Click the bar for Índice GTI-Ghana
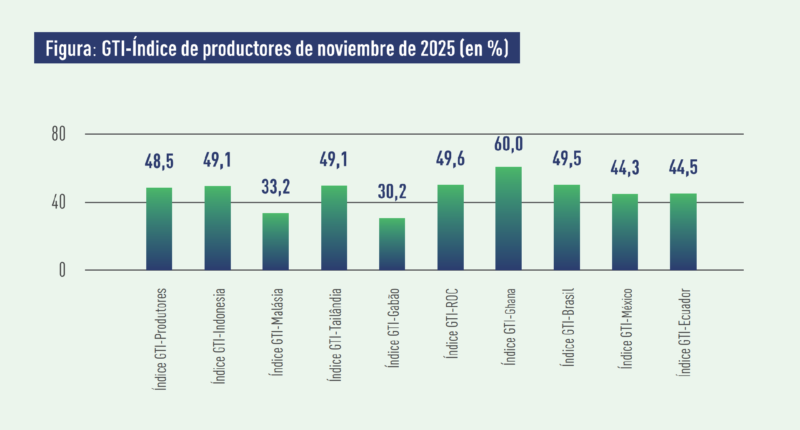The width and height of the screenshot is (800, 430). point(508,219)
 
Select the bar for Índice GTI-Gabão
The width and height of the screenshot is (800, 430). point(392,244)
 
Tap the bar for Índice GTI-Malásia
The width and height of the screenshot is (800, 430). point(275,241)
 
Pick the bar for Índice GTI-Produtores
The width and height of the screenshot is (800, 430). point(159,229)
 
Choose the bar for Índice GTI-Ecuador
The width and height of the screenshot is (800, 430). point(683,231)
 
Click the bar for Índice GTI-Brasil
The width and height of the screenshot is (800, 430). point(567,227)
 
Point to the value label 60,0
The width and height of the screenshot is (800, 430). point(508,144)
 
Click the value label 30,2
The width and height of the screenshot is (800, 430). point(392,191)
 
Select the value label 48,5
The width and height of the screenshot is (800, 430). point(159,161)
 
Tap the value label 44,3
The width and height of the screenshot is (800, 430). point(625,168)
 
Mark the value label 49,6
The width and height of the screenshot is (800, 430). point(450,159)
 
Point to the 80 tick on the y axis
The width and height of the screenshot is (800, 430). point(59,134)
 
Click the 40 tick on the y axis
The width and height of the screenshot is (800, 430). point(59,203)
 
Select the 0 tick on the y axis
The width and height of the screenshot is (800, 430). point(62,270)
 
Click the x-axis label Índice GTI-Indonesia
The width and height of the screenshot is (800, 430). point(219,336)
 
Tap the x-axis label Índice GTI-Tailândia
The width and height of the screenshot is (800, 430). point(335,334)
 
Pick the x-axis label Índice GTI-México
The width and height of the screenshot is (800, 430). point(627,328)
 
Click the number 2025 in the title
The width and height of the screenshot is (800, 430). point(437,48)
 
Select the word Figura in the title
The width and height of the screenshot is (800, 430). point(68,49)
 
